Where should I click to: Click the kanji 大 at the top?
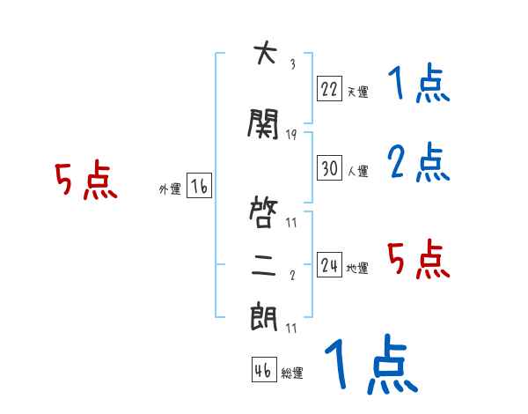[x=262, y=55]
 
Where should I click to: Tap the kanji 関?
[x=263, y=126]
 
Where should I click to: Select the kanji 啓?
[x=263, y=212]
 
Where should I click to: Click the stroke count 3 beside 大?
[x=292, y=64]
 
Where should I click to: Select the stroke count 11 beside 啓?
[x=291, y=222]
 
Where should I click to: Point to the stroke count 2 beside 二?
[x=292, y=276]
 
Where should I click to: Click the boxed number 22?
[x=329, y=88]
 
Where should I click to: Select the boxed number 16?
[x=199, y=187]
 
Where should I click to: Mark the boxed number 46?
[x=263, y=370]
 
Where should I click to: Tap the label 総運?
[x=292, y=373]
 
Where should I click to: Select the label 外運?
[x=169, y=189]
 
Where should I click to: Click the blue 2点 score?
[x=419, y=162]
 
